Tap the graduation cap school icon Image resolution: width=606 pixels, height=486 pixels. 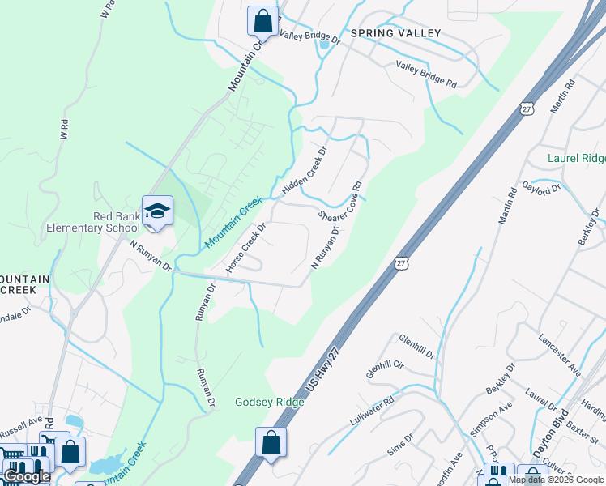coord(157,212)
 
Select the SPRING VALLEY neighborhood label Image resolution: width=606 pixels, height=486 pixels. coord(395,33)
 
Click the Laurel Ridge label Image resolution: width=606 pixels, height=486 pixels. coord(576,158)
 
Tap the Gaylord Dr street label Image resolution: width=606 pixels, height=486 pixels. coord(541,190)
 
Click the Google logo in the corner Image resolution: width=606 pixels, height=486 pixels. coord(27,476)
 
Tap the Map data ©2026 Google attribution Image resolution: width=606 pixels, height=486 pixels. coord(557,480)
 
